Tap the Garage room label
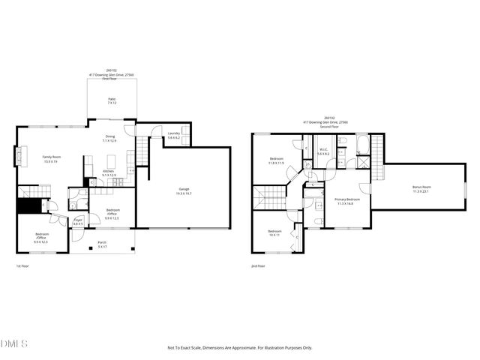(x=184, y=190)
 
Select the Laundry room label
(x=173, y=136)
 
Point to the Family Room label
(x=51, y=159)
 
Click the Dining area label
(x=110, y=138)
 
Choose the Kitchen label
(x=109, y=173)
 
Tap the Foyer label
(x=78, y=220)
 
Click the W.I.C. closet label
(x=322, y=151)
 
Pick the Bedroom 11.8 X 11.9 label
(x=275, y=160)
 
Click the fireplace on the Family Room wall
(x=18, y=158)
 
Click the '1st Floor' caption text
(x=23, y=266)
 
